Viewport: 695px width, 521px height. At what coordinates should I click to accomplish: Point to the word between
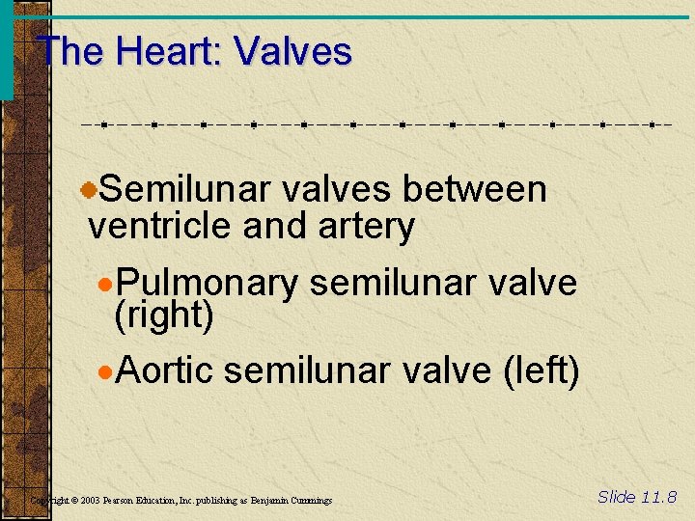[x=474, y=190]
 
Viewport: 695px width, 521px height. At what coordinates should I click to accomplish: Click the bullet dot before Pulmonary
[x=106, y=285]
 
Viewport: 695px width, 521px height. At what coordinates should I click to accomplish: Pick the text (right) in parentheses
[x=163, y=315]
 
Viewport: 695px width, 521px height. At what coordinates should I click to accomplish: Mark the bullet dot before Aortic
[x=106, y=370]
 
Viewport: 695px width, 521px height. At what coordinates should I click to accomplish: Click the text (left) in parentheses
[x=541, y=370]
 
